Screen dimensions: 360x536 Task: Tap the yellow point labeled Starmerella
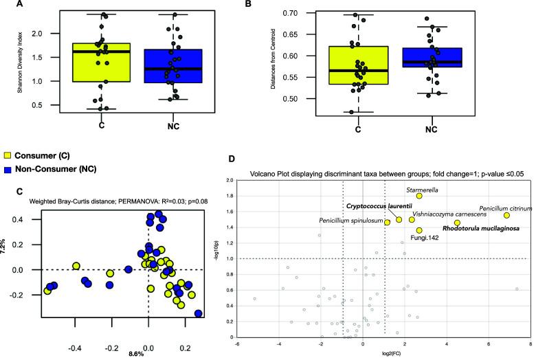[x=418, y=196]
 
